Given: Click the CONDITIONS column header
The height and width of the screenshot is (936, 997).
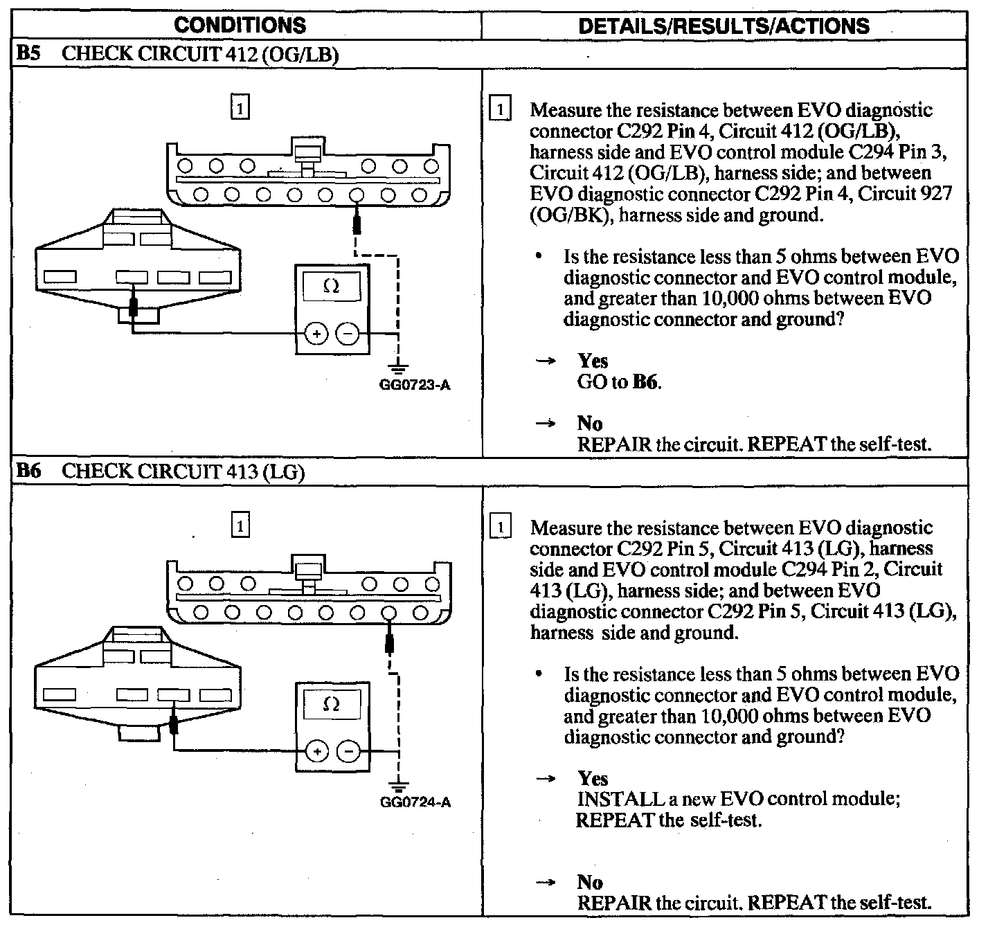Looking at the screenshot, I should (240, 25).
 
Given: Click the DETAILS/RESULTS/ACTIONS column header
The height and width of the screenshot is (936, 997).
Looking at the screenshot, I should (724, 26).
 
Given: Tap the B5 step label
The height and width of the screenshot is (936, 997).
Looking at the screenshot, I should (29, 55).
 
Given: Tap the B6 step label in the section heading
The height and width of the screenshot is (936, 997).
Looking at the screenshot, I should (29, 471).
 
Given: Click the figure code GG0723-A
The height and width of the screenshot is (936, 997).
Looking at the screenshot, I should (415, 385).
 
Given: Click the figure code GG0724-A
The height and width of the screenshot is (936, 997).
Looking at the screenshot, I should (415, 802).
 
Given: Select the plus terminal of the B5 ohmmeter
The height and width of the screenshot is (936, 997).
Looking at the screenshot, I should (316, 334).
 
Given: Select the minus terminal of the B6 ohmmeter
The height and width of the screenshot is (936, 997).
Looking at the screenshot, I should (348, 752).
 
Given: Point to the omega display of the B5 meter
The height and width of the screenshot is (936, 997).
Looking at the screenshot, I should (331, 287).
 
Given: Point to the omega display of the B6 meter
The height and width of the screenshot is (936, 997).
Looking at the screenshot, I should (331, 705).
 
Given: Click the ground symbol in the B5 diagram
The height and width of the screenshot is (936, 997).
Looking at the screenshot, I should (399, 368).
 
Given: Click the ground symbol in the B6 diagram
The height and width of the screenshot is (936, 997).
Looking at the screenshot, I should (399, 785).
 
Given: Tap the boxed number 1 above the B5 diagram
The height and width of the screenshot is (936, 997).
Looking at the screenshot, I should (240, 108).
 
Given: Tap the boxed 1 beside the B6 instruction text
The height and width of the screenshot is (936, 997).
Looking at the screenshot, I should (500, 527).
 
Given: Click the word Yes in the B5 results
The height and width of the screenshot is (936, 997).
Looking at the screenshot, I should (593, 361).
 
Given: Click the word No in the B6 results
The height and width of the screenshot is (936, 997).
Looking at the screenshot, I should (589, 882).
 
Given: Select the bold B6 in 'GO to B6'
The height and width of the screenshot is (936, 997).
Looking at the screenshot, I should (645, 382).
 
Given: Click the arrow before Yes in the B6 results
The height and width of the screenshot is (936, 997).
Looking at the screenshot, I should (546, 779).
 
